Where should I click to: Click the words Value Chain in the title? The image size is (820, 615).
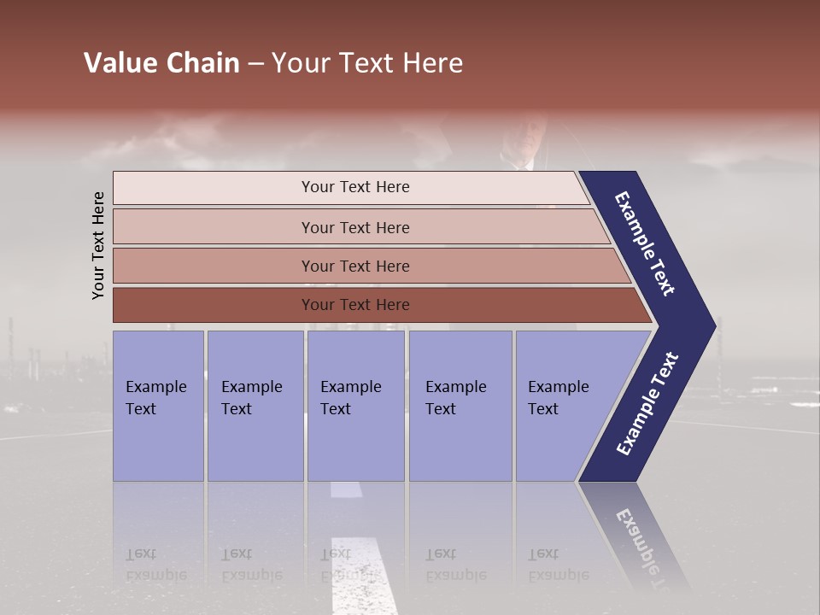[161, 63]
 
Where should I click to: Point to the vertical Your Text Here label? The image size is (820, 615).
[98, 245]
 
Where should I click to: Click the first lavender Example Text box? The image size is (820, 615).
[158, 406]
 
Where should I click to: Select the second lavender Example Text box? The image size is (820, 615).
[255, 406]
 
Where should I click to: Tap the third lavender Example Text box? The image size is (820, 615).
[354, 406]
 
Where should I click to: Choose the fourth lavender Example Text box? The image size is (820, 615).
[460, 406]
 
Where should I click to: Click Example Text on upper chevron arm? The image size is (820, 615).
[645, 243]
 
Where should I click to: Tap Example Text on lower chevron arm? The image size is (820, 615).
[647, 403]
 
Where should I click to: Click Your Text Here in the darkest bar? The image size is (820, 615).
[355, 305]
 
